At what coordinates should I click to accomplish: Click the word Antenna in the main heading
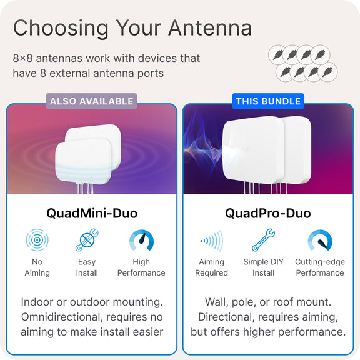click(210, 27)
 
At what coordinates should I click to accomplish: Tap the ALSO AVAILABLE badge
click(92, 101)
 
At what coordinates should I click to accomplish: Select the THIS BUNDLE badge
click(268, 101)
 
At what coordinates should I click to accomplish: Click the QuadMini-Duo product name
click(92, 213)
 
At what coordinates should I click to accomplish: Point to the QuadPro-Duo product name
click(268, 213)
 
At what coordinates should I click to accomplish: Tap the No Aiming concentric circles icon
click(37, 240)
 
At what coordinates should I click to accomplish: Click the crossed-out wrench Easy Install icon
click(87, 240)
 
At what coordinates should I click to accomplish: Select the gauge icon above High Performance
click(141, 240)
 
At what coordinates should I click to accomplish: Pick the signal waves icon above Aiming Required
click(211, 241)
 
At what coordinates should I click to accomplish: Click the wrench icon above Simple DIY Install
click(263, 240)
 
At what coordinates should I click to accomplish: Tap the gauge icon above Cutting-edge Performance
click(320, 240)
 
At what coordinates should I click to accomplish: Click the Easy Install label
click(87, 267)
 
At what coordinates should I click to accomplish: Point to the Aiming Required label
click(211, 267)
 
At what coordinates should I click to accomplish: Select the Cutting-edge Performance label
click(320, 267)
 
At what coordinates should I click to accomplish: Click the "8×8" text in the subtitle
click(22, 58)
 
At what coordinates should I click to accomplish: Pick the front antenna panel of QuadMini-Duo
click(84, 161)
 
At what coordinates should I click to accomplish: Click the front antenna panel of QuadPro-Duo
click(252, 149)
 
